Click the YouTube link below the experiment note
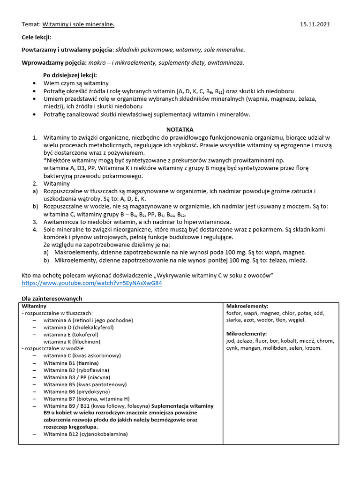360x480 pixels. [92, 284]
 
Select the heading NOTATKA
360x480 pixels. [180, 129]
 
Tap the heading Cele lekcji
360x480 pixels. [37, 37]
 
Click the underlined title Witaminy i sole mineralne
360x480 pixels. [78, 24]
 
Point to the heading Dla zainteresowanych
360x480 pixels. [52, 299]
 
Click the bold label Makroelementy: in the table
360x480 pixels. [247, 306]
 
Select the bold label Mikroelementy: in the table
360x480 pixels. [247, 334]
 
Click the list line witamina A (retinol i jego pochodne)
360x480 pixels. [88, 320]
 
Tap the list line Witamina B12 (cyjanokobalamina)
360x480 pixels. [85, 434]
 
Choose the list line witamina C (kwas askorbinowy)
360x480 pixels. [82, 355]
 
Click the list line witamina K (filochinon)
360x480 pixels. [75, 341]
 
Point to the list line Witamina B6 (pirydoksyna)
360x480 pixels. [76, 391]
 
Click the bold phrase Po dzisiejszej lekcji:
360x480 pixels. [70, 75]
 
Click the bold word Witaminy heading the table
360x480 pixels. [35, 306]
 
